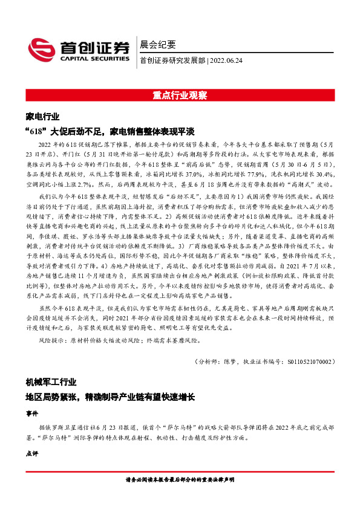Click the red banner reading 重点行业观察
pyautogui.click(x=180, y=96)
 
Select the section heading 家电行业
pyautogui.click(x=43, y=115)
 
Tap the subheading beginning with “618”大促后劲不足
pyautogui.click(x=110, y=131)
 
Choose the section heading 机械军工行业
pyautogui.click(x=51, y=382)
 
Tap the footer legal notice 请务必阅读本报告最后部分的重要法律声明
pyautogui.click(x=180, y=479)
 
